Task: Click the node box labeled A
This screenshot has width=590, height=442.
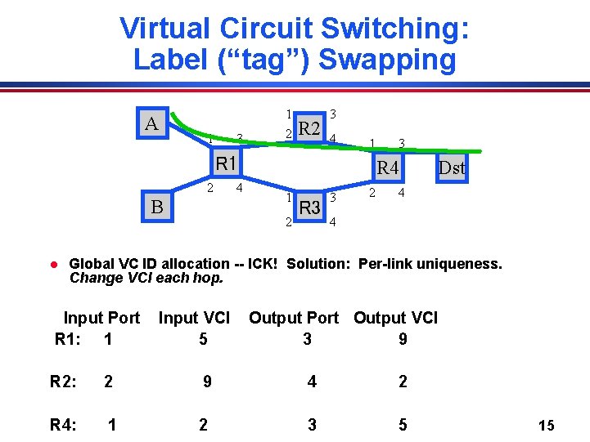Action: (152, 124)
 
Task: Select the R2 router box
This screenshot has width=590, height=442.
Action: (309, 127)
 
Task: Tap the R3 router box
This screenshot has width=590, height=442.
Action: (310, 208)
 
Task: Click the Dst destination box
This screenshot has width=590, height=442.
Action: (451, 168)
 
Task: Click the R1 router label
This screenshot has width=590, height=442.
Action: (226, 163)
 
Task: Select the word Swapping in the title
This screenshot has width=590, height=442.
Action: (386, 59)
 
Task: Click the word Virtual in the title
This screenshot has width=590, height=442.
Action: (164, 28)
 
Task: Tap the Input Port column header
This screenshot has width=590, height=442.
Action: (101, 317)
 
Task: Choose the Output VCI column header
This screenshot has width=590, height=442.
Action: (395, 317)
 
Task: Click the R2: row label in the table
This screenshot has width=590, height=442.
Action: (65, 381)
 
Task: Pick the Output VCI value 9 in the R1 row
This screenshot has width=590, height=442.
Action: (403, 338)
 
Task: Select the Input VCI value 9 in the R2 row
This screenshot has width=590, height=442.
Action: (207, 381)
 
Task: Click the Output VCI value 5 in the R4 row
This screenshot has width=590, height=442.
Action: (403, 424)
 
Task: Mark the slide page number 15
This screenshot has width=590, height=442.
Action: (547, 425)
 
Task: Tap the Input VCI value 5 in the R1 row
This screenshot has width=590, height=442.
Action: (203, 338)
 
